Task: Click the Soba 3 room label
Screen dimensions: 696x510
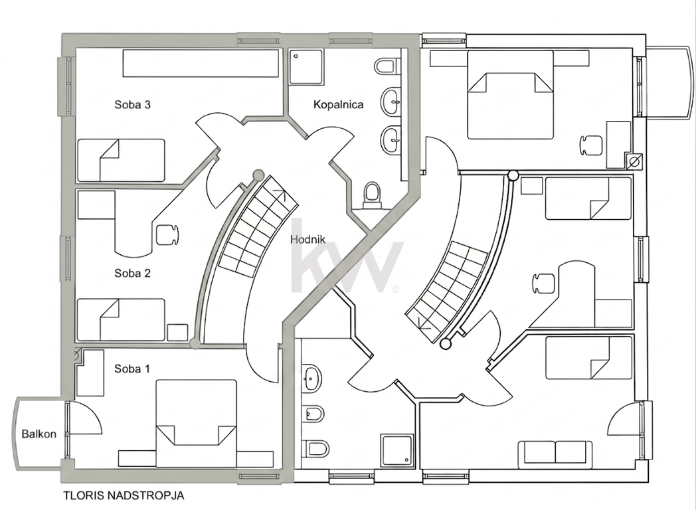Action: click(132, 105)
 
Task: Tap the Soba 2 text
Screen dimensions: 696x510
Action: click(132, 273)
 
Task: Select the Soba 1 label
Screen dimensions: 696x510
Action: click(132, 369)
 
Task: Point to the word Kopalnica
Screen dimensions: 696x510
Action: click(338, 105)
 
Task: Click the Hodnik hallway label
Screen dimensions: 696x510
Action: click(307, 240)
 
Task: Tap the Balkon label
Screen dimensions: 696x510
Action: click(39, 434)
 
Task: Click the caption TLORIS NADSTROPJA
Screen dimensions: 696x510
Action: click(124, 495)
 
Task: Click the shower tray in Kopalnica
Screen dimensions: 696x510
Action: click(306, 67)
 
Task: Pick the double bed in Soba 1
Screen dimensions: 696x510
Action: click(196, 423)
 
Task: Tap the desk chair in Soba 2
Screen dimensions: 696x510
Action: click(168, 235)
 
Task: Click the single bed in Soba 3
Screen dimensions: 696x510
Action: click(121, 160)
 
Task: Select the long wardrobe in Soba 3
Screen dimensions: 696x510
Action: click(201, 63)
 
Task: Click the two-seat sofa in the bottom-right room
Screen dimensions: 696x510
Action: click(555, 454)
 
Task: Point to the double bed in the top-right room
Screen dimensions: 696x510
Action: click(511, 94)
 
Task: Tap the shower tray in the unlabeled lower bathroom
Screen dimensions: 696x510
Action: click(398, 450)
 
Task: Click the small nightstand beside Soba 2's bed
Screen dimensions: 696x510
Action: click(177, 333)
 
